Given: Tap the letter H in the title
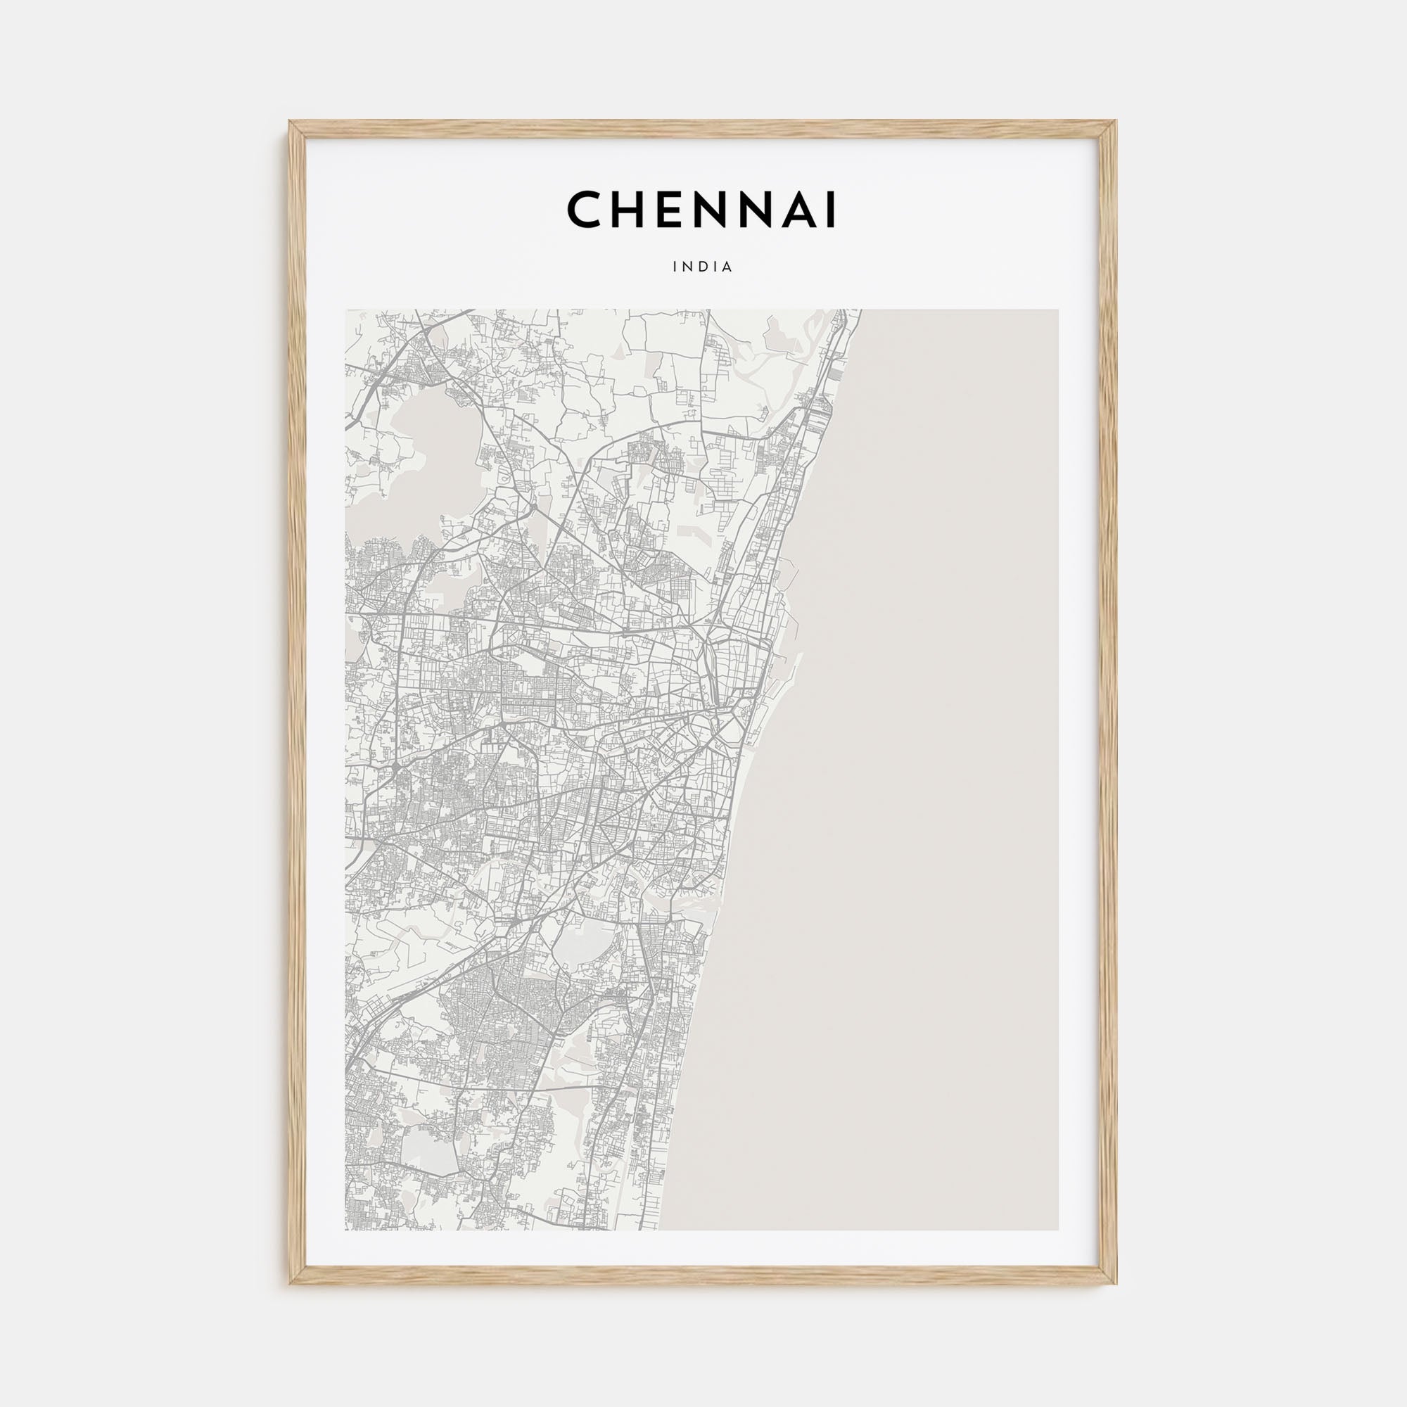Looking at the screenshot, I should pos(627,210).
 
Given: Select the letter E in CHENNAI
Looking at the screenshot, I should pos(667,210).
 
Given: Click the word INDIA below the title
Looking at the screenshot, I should pos(703,267).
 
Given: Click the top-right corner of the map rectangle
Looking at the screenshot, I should pos(1058,310).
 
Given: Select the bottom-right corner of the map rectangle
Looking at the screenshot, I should pos(1058,1230).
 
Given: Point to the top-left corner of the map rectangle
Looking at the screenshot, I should pos(346,310).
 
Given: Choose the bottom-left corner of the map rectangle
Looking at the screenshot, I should pos(346,1230).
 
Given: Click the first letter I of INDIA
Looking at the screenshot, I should pos(675,267).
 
